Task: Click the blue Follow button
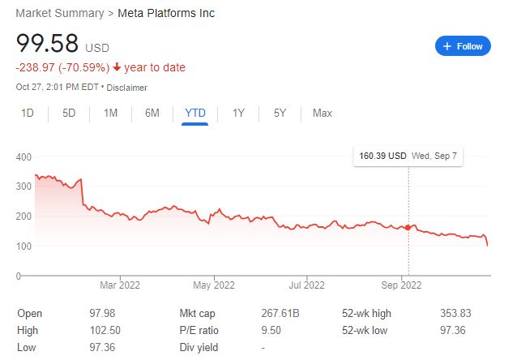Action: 463,46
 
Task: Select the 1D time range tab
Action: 28,113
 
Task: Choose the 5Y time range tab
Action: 280,113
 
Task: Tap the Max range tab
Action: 322,113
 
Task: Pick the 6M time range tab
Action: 152,113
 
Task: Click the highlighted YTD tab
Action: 194,113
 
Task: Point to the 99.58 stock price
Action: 46,44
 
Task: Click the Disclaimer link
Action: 126,87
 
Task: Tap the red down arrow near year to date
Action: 117,67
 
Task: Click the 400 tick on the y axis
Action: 23,156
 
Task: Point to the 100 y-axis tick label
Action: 23,246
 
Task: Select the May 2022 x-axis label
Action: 213,285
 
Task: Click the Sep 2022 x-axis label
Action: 400,285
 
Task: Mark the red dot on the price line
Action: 408,228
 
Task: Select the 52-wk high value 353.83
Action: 454,313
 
